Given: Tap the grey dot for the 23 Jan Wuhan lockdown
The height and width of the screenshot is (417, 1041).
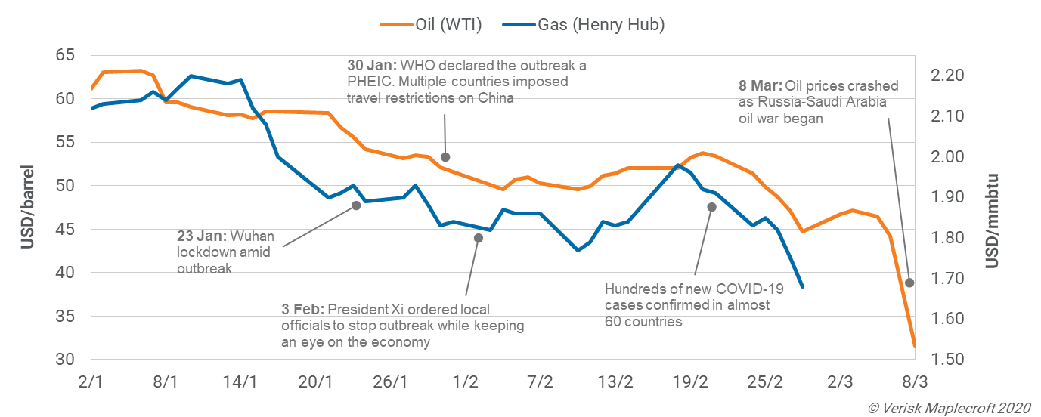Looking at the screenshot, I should click(356, 205).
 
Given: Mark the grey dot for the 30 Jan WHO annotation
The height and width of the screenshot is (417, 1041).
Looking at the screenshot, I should click(445, 157).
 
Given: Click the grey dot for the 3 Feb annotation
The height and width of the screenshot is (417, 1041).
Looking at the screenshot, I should click(478, 238).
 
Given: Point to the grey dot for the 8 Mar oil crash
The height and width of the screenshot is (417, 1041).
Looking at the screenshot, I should click(909, 283).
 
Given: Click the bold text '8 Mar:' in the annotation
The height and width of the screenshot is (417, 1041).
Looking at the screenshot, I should click(761, 85).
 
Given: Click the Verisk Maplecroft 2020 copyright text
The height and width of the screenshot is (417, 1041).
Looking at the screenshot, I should click(950, 407).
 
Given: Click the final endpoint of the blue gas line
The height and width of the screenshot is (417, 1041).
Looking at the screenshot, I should click(802, 286).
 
